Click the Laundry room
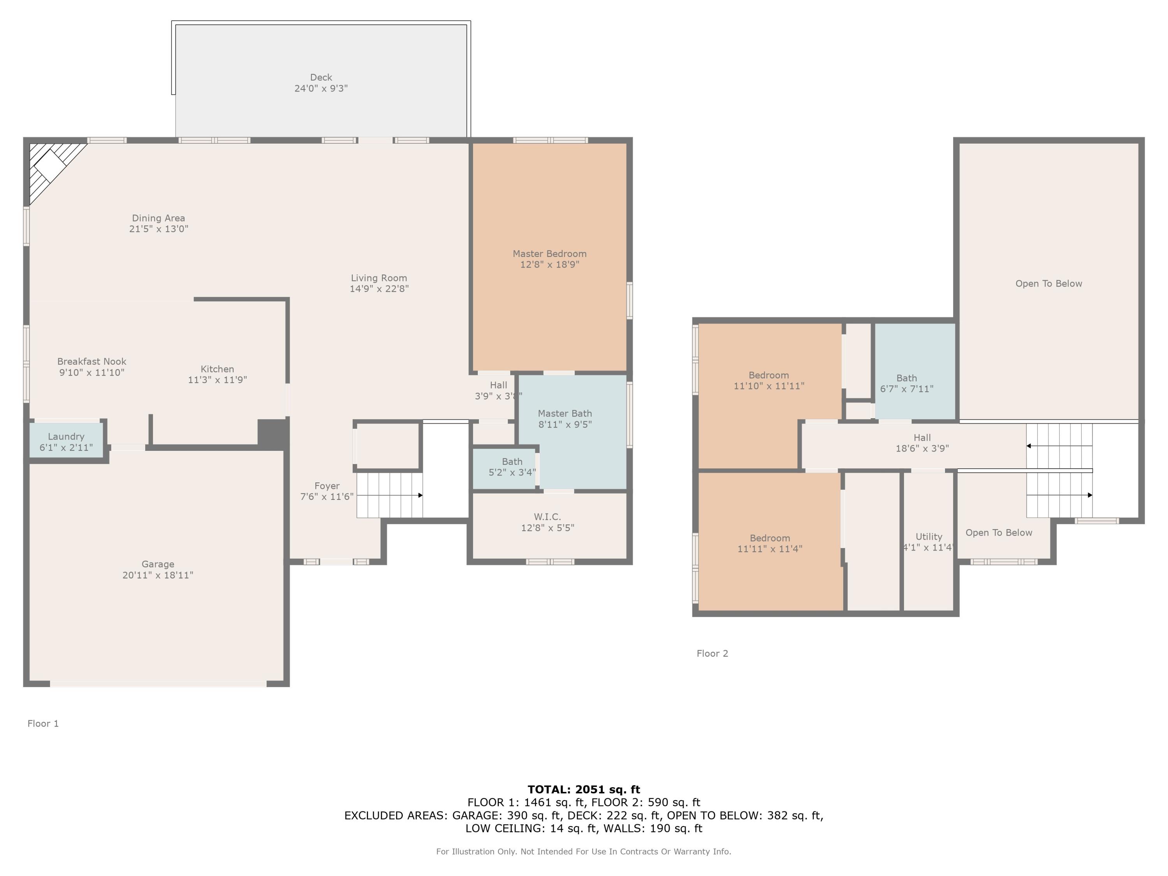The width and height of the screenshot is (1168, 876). [66, 442]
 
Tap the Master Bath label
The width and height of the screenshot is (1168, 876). [565, 413]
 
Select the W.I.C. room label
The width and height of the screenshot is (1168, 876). [547, 516]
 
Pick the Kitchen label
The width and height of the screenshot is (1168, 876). [217, 369]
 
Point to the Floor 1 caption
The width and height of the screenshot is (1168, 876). [43, 723]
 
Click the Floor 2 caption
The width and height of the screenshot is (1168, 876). [712, 653]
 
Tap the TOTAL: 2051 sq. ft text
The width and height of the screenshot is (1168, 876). [584, 790]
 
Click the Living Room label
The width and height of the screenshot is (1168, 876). [378, 278]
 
